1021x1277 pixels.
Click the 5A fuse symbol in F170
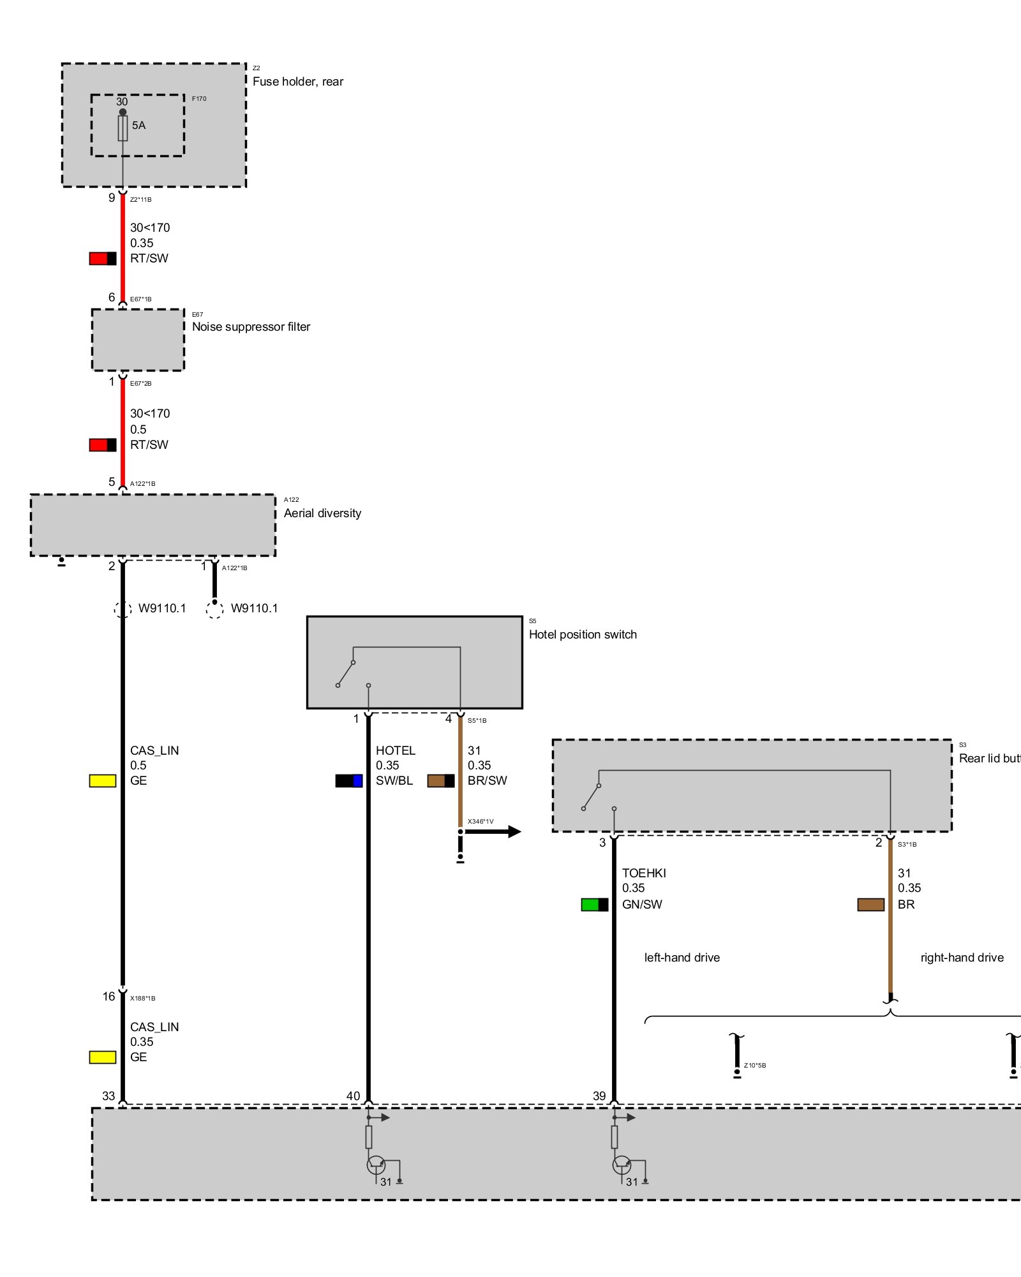point(123,128)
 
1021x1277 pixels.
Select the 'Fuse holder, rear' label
point(297,82)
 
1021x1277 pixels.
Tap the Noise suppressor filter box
point(138,340)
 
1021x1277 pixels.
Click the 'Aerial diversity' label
point(322,513)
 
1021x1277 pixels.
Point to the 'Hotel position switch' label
point(583,635)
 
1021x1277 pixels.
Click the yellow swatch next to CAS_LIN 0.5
point(103,781)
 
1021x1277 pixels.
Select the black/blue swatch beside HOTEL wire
point(349,781)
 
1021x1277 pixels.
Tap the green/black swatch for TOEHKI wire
point(594,905)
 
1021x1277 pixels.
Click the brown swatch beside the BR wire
point(870,905)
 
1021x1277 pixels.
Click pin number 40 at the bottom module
point(353,1096)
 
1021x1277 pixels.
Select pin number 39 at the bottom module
point(599,1096)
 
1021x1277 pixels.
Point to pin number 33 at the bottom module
point(108,1096)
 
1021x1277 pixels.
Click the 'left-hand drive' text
point(682,958)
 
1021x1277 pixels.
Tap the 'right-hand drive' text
point(962,958)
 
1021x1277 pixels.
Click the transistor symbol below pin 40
point(376,1165)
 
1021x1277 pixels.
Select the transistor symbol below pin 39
point(622,1165)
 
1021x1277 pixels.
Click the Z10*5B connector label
point(755,1066)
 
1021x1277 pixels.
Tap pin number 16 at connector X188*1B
point(108,997)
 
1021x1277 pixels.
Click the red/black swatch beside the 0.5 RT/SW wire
point(103,445)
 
